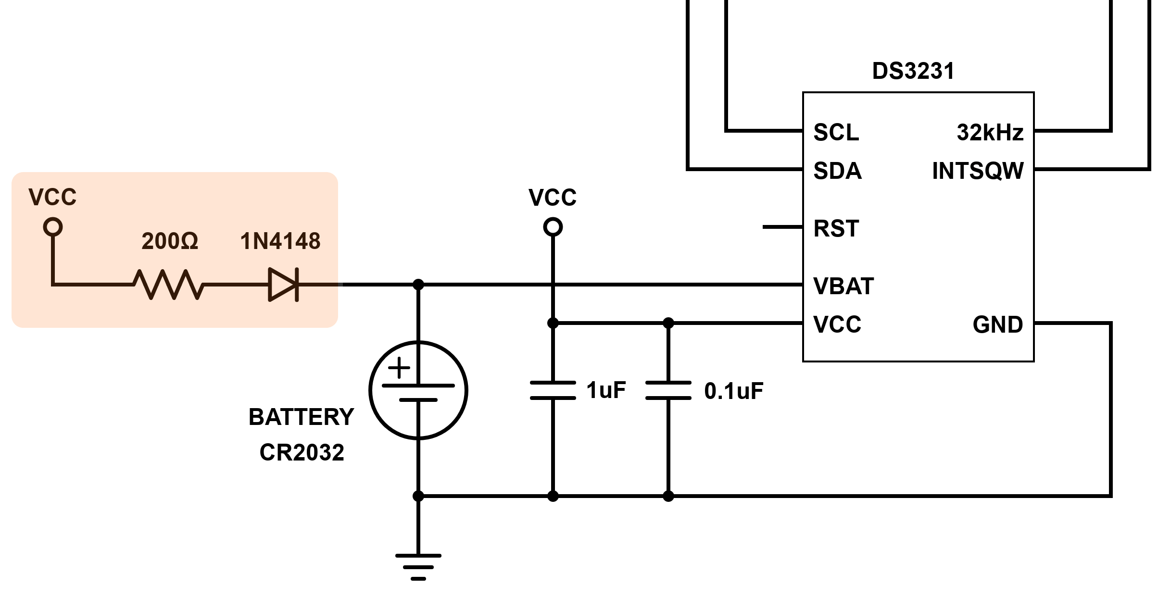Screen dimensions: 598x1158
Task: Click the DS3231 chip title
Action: (x=913, y=71)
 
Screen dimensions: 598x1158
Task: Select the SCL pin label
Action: (x=836, y=132)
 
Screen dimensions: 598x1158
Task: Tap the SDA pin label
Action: (x=837, y=171)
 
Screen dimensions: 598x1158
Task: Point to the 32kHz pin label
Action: (x=990, y=132)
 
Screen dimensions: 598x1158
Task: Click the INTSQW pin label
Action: (x=978, y=171)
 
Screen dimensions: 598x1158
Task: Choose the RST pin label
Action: (x=836, y=228)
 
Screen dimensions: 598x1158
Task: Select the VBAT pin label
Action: (x=843, y=286)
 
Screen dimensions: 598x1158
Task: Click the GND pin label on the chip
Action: (x=997, y=324)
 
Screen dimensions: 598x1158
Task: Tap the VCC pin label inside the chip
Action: (x=837, y=324)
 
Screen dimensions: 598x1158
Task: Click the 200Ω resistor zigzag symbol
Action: (x=169, y=285)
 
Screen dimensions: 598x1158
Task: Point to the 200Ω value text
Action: (x=169, y=241)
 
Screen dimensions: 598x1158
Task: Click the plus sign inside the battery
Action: (x=399, y=368)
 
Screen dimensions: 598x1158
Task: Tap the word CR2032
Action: (x=302, y=452)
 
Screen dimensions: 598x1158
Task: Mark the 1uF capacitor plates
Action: (x=553, y=390)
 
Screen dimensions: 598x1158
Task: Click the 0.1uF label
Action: (x=733, y=391)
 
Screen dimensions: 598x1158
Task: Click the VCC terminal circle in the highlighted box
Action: (x=53, y=226)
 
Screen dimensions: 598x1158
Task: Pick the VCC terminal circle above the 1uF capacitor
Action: (x=553, y=226)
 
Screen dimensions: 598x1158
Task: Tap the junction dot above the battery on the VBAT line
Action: (x=418, y=285)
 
